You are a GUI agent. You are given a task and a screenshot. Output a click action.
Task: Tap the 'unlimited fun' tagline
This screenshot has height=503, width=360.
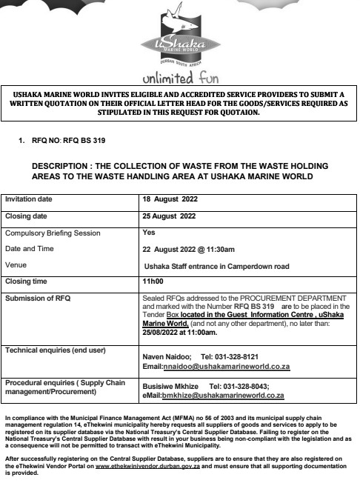click(179, 78)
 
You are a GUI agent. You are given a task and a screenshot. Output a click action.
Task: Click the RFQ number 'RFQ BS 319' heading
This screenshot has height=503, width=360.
click(79, 139)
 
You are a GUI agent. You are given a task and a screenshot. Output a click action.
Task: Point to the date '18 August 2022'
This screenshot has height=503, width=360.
click(170, 200)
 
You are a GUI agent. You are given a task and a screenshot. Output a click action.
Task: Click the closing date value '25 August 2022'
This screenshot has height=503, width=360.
click(168, 216)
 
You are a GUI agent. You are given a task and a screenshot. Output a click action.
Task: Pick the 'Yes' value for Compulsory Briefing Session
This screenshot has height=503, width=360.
click(147, 232)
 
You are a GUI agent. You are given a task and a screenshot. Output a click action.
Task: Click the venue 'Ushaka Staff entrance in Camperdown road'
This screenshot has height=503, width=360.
click(216, 265)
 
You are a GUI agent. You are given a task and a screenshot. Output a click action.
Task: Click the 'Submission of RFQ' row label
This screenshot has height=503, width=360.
click(38, 298)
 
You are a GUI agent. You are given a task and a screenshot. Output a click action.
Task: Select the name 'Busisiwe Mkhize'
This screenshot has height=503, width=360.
click(170, 387)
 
